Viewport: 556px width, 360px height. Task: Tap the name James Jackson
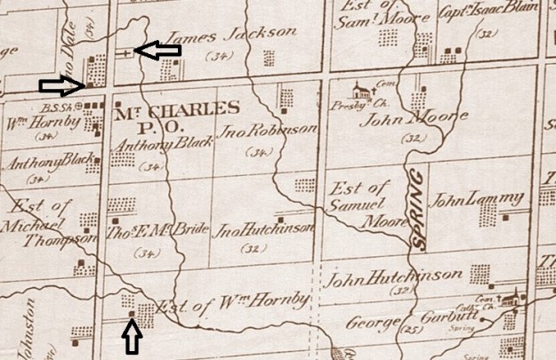(x=231, y=35)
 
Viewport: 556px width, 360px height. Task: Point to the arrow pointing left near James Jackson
(x=155, y=51)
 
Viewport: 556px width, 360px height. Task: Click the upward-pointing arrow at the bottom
(x=132, y=337)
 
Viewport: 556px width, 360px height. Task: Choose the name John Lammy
(x=467, y=200)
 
